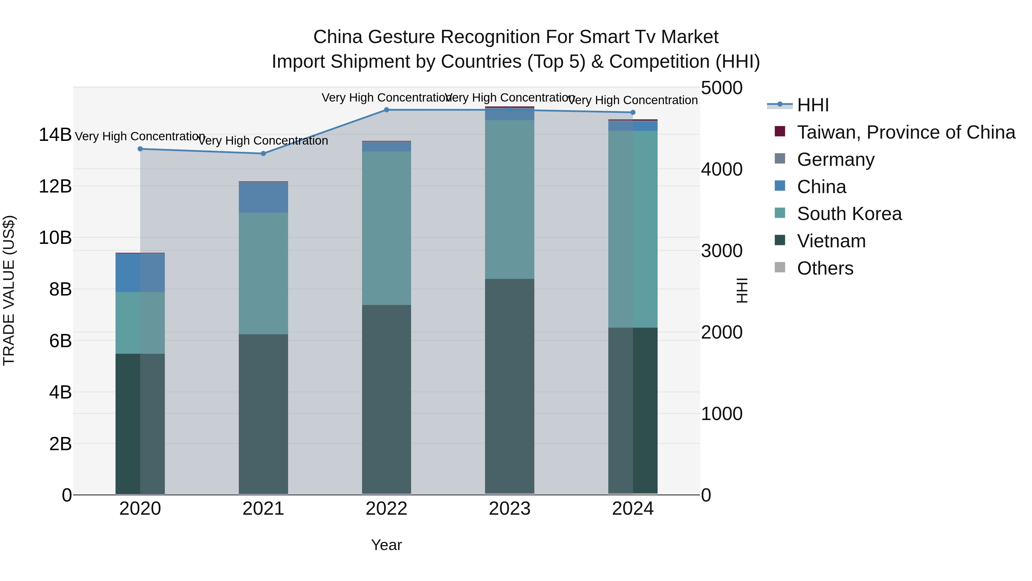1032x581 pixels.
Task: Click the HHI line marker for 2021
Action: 263,153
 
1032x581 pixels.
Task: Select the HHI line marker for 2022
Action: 386,110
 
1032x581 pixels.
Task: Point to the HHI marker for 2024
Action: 633,112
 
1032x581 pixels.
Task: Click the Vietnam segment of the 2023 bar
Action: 510,385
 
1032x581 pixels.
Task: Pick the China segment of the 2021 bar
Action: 263,197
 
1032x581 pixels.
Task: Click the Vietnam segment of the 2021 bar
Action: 263,413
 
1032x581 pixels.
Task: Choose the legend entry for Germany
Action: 835,160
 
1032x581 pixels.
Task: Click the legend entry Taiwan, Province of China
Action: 905,132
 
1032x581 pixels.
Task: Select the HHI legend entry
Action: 812,105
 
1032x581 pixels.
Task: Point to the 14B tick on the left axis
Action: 55,135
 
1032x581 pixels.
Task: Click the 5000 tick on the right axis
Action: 722,88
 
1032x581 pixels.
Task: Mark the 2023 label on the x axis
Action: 510,509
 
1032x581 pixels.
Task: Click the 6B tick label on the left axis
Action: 60,341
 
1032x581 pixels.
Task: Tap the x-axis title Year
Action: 386,545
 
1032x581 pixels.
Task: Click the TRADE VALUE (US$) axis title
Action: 9,290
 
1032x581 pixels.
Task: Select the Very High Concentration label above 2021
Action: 263,141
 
